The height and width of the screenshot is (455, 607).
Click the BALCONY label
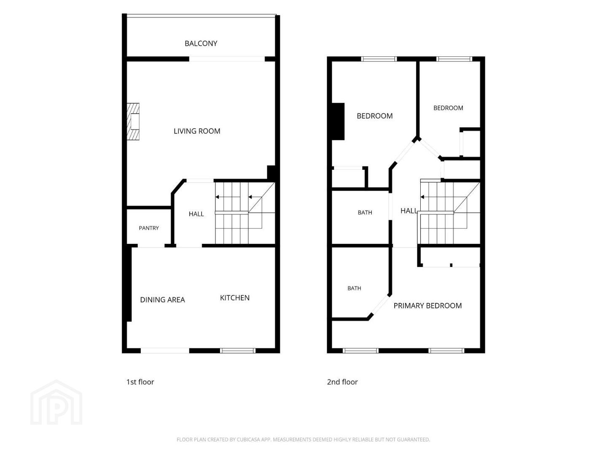pyautogui.click(x=201, y=43)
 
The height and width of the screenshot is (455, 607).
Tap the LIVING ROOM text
pyautogui.click(x=197, y=131)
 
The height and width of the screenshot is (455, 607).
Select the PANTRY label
pyautogui.click(x=149, y=228)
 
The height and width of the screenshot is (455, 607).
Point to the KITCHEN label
pyautogui.click(x=235, y=297)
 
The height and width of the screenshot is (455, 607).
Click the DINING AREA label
pyautogui.click(x=163, y=300)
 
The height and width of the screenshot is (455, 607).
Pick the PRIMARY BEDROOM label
pyautogui.click(x=427, y=305)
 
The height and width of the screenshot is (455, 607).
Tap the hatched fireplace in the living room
pyautogui.click(x=133, y=122)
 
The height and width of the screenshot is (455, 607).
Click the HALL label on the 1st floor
pyautogui.click(x=196, y=214)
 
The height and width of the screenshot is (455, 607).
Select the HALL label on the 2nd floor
pyautogui.click(x=409, y=211)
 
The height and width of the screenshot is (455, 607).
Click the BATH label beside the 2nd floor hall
pyautogui.click(x=365, y=212)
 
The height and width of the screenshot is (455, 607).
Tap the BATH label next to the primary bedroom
pyautogui.click(x=354, y=288)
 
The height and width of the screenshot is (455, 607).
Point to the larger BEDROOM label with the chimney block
pyautogui.click(x=375, y=116)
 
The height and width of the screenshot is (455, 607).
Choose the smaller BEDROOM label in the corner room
pyautogui.click(x=448, y=108)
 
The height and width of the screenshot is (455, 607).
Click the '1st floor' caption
pyautogui.click(x=140, y=382)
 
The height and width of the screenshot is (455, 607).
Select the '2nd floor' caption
pyautogui.click(x=342, y=382)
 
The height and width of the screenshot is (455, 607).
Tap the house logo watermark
pyautogui.click(x=56, y=402)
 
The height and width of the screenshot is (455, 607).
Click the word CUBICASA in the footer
pyautogui.click(x=248, y=439)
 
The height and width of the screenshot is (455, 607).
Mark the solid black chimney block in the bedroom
pyautogui.click(x=338, y=122)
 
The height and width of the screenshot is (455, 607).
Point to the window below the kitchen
pyautogui.click(x=238, y=351)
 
